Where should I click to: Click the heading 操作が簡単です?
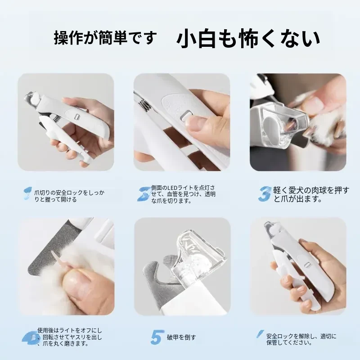tap(105, 38)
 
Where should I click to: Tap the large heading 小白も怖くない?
tap(248, 38)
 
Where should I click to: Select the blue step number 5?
tap(157, 337)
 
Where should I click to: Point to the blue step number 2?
tap(144, 194)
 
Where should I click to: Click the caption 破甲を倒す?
tap(181, 337)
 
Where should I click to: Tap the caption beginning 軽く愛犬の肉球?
tap(311, 194)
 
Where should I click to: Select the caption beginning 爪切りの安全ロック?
tap(69, 196)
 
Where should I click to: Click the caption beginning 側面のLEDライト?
tap(183, 194)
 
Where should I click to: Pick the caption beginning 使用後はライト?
tap(70, 337)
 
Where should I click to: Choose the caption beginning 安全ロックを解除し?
tap(301, 339)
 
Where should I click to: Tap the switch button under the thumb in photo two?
tap(186, 114)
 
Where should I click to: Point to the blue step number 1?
tap(27, 193)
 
